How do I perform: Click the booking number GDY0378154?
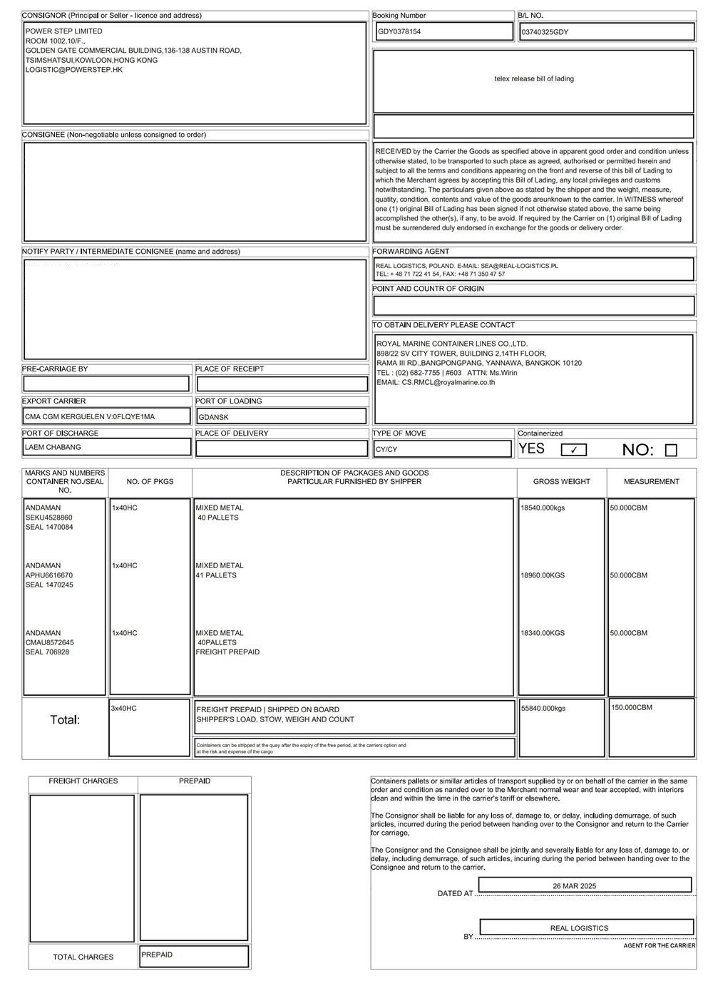[399, 31]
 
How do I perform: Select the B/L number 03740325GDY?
[545, 32]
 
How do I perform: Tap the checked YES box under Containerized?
[574, 450]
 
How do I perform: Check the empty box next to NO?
[671, 450]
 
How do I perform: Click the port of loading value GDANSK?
[214, 417]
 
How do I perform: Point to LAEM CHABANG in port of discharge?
[53, 448]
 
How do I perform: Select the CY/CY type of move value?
[386, 450]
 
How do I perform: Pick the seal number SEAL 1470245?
[49, 585]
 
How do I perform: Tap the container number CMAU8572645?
[50, 642]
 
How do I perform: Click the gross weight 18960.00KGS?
[543, 575]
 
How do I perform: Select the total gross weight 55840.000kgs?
[543, 709]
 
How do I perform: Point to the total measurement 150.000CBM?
[632, 707]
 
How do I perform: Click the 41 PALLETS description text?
[217, 575]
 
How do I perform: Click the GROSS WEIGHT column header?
[562, 482]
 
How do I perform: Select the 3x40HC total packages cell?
[124, 709]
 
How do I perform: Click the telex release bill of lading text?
[534, 79]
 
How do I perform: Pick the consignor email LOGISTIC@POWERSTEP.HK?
[74, 70]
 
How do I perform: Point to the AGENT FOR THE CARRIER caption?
[660, 946]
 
